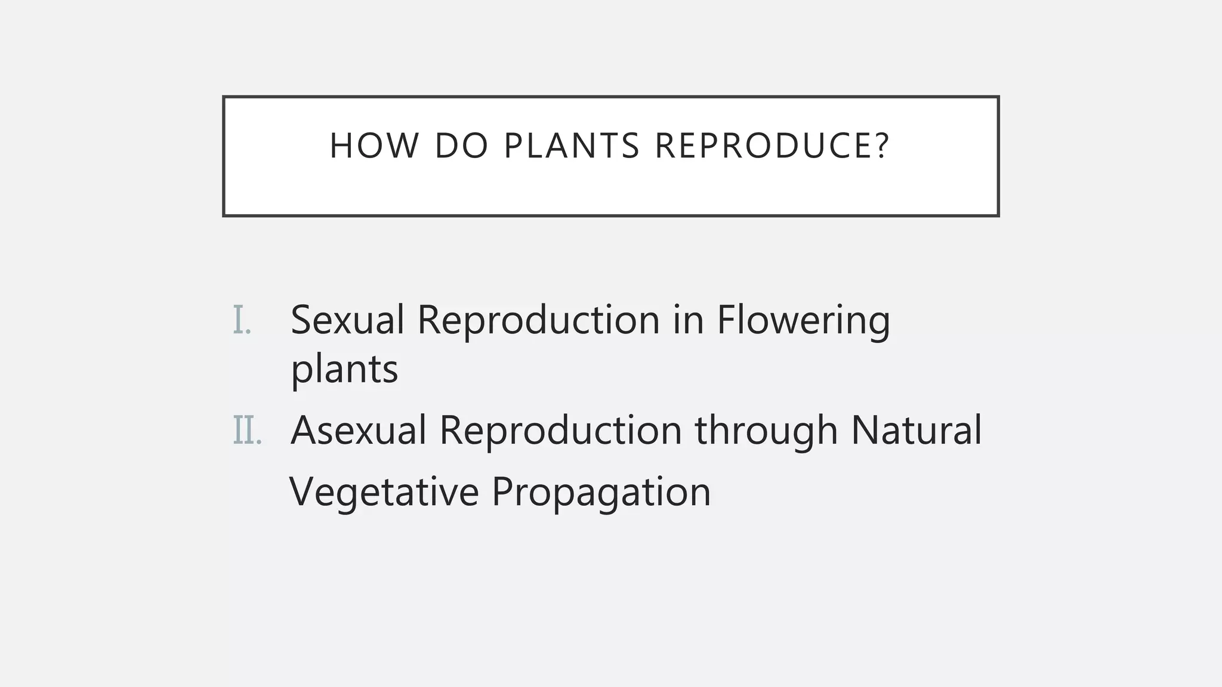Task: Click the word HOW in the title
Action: [x=374, y=146]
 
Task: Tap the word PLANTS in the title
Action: [x=572, y=146]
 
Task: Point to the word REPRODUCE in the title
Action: [x=763, y=146]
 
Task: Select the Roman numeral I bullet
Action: [x=242, y=320]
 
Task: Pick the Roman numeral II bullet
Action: [x=247, y=431]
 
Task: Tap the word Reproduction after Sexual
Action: [x=538, y=320]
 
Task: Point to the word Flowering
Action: [x=803, y=320]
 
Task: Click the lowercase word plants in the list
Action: [x=344, y=370]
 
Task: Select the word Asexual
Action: [x=358, y=431]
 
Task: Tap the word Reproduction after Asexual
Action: [x=560, y=431]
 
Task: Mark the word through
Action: [x=766, y=431]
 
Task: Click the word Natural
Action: [x=916, y=431]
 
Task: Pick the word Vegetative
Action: [x=384, y=492]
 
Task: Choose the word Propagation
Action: [x=601, y=492]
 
